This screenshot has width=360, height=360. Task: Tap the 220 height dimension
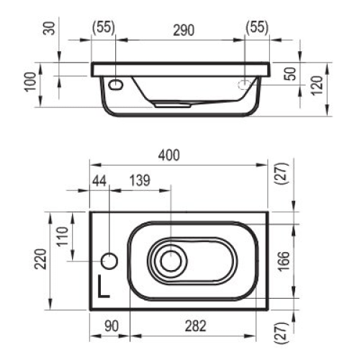[x=42, y=258]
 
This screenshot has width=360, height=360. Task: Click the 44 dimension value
[x=99, y=181]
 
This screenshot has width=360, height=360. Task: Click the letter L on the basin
[x=104, y=287]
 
